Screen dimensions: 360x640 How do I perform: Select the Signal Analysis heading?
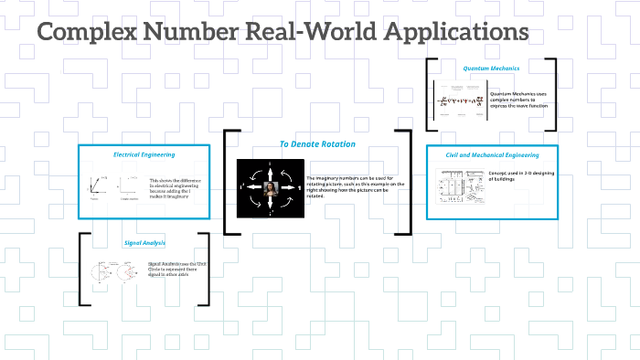point(144,243)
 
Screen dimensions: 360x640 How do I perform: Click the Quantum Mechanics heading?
point(490,68)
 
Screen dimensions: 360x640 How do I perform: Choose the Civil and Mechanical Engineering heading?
point(492,154)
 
